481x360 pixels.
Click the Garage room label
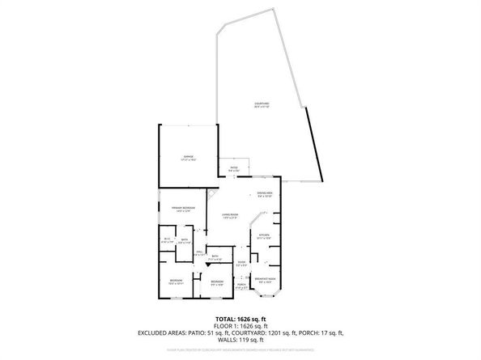pyautogui.click(x=188, y=157)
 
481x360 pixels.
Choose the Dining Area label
pyautogui.click(x=265, y=193)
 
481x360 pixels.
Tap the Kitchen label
pyautogui.click(x=264, y=237)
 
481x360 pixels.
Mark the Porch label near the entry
pyautogui.click(x=241, y=286)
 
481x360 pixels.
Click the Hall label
pyautogui.click(x=199, y=253)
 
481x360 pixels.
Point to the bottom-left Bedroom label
pyautogui.click(x=176, y=283)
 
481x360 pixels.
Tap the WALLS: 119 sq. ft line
pyautogui.click(x=240, y=340)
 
